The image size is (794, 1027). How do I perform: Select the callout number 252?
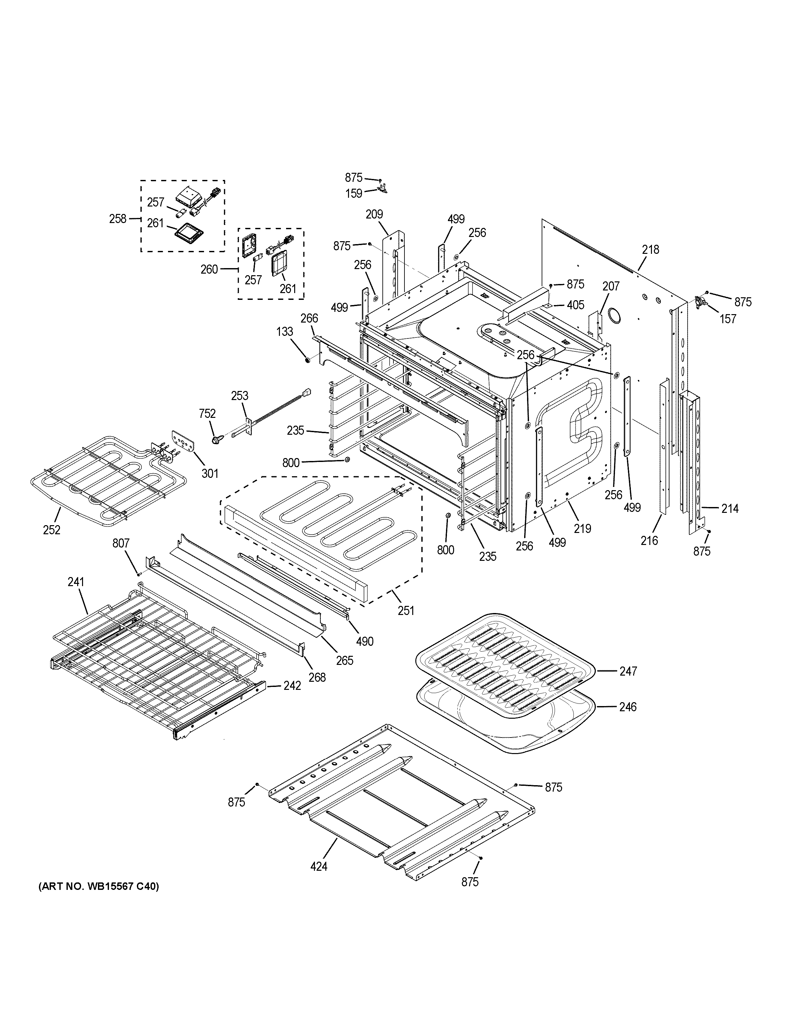51,530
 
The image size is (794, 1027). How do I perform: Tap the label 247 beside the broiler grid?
628,671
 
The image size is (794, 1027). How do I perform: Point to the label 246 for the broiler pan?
628,707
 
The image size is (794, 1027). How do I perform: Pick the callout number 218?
651,250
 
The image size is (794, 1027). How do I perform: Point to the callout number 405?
575,305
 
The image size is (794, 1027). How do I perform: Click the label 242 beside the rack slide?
292,686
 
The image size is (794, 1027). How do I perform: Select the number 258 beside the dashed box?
118,219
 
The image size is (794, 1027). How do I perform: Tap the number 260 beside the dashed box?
209,269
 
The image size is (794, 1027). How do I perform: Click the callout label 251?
405,610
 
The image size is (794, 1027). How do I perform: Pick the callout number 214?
729,508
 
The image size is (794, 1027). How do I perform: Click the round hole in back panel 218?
614,315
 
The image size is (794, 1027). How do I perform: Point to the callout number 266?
309,318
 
